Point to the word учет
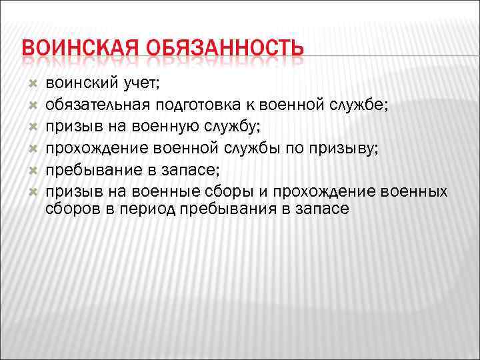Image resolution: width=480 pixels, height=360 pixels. click(137, 83)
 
